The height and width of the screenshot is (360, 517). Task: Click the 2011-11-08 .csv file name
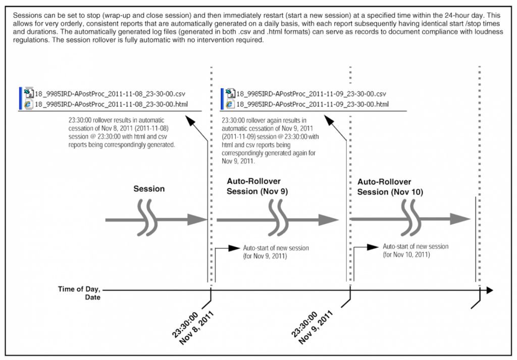click(110, 94)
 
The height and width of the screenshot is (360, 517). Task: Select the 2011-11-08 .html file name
click(112, 105)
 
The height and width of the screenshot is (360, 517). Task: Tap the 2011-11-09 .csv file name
click(311, 94)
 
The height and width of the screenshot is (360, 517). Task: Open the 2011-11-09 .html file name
click(313, 105)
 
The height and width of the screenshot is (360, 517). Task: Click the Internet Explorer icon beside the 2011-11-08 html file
click(28, 104)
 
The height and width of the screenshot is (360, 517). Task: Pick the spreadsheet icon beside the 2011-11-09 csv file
click(230, 93)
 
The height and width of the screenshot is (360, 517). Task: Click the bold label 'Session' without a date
click(149, 189)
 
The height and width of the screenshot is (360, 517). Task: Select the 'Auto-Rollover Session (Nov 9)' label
click(257, 186)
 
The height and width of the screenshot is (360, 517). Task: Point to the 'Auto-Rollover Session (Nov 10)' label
click(390, 187)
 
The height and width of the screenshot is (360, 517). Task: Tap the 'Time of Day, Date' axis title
click(79, 293)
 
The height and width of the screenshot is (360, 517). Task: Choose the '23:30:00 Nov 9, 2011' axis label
click(312, 328)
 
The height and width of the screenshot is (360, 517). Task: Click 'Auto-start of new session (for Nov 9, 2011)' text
click(276, 252)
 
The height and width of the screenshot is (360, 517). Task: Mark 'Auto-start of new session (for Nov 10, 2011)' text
click(416, 250)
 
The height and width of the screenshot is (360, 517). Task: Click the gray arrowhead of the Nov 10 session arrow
click(460, 219)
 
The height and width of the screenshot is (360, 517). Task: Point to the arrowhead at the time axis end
click(490, 290)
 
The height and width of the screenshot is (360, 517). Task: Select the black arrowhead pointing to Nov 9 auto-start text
click(234, 248)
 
